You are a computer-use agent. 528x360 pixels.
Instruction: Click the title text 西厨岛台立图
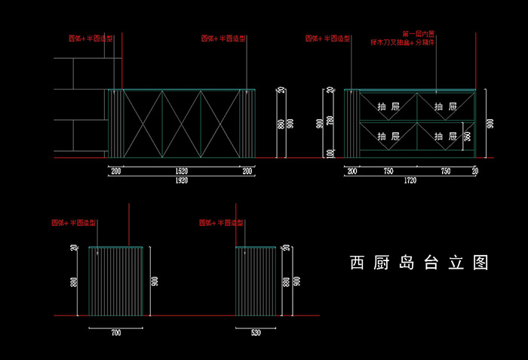click(419, 263)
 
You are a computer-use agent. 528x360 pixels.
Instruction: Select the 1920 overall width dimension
click(181, 181)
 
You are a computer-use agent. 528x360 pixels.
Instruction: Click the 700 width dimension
click(115, 332)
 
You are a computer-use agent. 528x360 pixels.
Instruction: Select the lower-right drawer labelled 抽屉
click(446, 137)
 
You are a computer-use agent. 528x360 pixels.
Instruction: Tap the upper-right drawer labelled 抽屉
click(446, 106)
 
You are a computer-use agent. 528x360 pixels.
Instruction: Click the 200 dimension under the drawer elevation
click(352, 172)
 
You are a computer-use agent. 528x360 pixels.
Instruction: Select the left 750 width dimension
click(388, 172)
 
